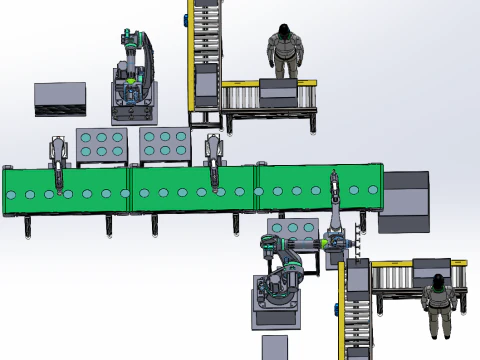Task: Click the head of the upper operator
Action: click(x=285, y=34)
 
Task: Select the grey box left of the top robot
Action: click(x=59, y=99)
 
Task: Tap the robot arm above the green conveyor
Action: click(x=133, y=70)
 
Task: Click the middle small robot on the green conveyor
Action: click(x=213, y=160)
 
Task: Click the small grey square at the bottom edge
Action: click(x=275, y=348)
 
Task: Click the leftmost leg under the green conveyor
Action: click(x=30, y=229)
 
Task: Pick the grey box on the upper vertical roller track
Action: click(x=205, y=84)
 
